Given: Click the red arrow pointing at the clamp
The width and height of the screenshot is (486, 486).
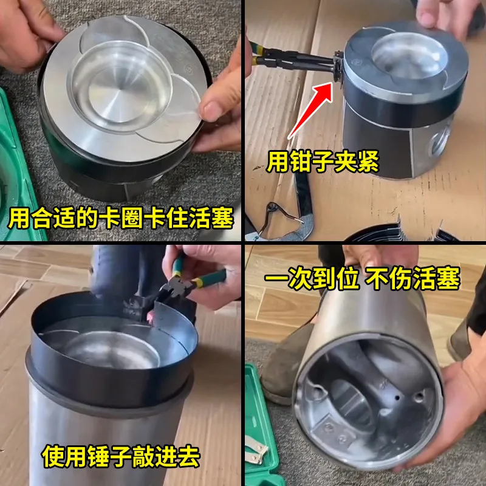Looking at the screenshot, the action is click(310, 110).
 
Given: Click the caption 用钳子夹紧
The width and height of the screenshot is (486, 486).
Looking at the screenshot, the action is click(323, 161).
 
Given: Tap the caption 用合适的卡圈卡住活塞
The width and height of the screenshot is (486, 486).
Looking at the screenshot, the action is click(120, 217).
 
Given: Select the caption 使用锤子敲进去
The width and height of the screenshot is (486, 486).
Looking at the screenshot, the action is click(121, 456).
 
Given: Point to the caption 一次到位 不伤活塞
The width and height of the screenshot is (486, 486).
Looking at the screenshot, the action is click(362, 278).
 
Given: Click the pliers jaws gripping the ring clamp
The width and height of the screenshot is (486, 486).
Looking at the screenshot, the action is click(337, 66).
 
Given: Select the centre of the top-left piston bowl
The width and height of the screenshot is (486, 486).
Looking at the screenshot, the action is click(119, 87).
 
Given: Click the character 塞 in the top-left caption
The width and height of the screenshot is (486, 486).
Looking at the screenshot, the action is click(222, 217).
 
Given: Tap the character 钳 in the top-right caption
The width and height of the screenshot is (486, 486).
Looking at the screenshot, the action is click(300, 161).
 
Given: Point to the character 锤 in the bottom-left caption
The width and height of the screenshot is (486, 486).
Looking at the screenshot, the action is click(98, 456).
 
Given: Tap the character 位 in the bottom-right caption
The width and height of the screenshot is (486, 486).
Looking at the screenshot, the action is click(348, 278).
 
